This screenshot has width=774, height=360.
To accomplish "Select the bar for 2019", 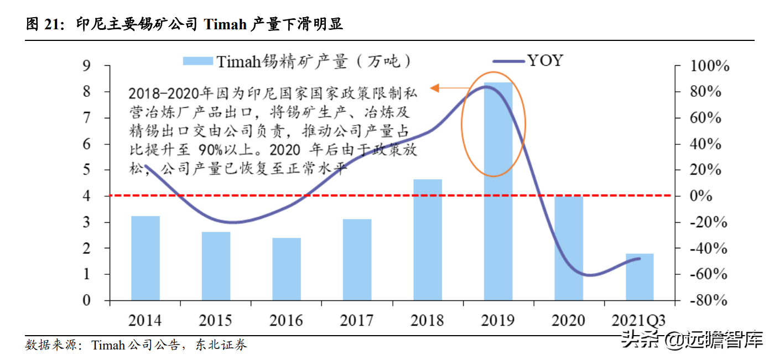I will coord(498,191).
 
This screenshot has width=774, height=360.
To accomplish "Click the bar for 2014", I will coord(145,258).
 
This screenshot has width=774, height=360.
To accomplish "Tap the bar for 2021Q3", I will coord(640,277).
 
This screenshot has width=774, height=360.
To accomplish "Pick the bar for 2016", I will coord(287,269).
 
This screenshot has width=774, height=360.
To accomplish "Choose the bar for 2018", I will coord(428,240).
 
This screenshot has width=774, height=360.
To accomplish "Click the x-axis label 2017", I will coord(356,320).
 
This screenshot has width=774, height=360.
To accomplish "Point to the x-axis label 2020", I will coord(568,320).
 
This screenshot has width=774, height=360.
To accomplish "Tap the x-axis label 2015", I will coord(215,320).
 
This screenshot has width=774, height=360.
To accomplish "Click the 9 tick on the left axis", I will coord(86,66).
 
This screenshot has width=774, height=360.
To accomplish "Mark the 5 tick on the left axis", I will coord(86,170).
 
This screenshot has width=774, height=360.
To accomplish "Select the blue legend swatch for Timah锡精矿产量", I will coord(198,61).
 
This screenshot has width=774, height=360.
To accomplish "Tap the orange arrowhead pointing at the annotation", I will coord(435,87).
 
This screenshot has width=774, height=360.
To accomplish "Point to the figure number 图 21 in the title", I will coord(43,24).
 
